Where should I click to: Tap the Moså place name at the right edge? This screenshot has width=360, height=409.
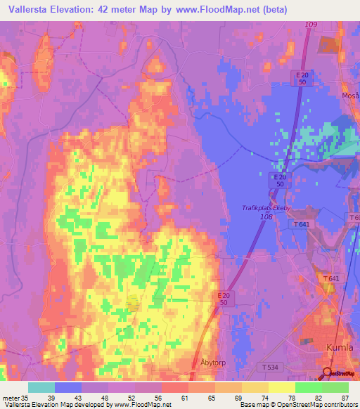click(x=352, y=96)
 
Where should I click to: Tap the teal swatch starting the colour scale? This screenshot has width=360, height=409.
click(x=41, y=387)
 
